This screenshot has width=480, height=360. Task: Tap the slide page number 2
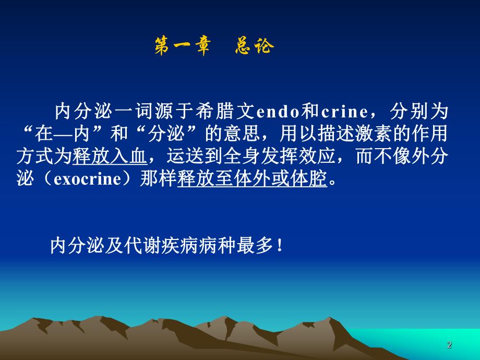coord(449,345)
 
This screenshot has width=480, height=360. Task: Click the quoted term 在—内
coord(67,134)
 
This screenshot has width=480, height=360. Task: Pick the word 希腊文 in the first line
coord(231,112)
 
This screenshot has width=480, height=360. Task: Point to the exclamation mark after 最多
coord(281,245)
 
